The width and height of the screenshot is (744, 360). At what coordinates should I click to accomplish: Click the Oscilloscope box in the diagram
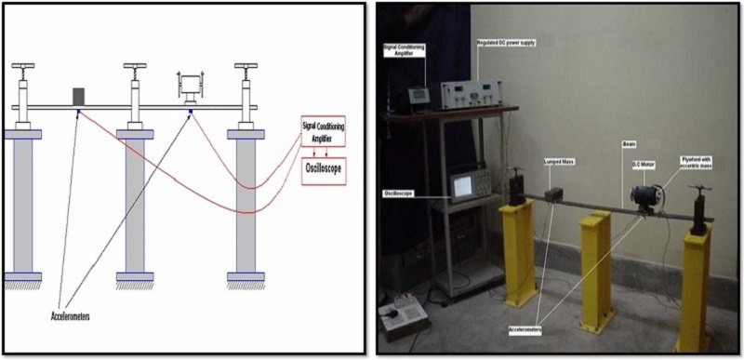coord(323,173)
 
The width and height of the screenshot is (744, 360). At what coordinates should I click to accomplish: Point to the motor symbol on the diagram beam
coord(191,88)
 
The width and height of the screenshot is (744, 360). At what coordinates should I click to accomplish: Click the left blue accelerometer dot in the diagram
coord(79,112)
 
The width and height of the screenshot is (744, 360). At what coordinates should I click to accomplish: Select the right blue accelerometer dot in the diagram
coord(191,112)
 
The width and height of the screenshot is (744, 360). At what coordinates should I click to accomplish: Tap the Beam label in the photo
coord(630,145)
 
